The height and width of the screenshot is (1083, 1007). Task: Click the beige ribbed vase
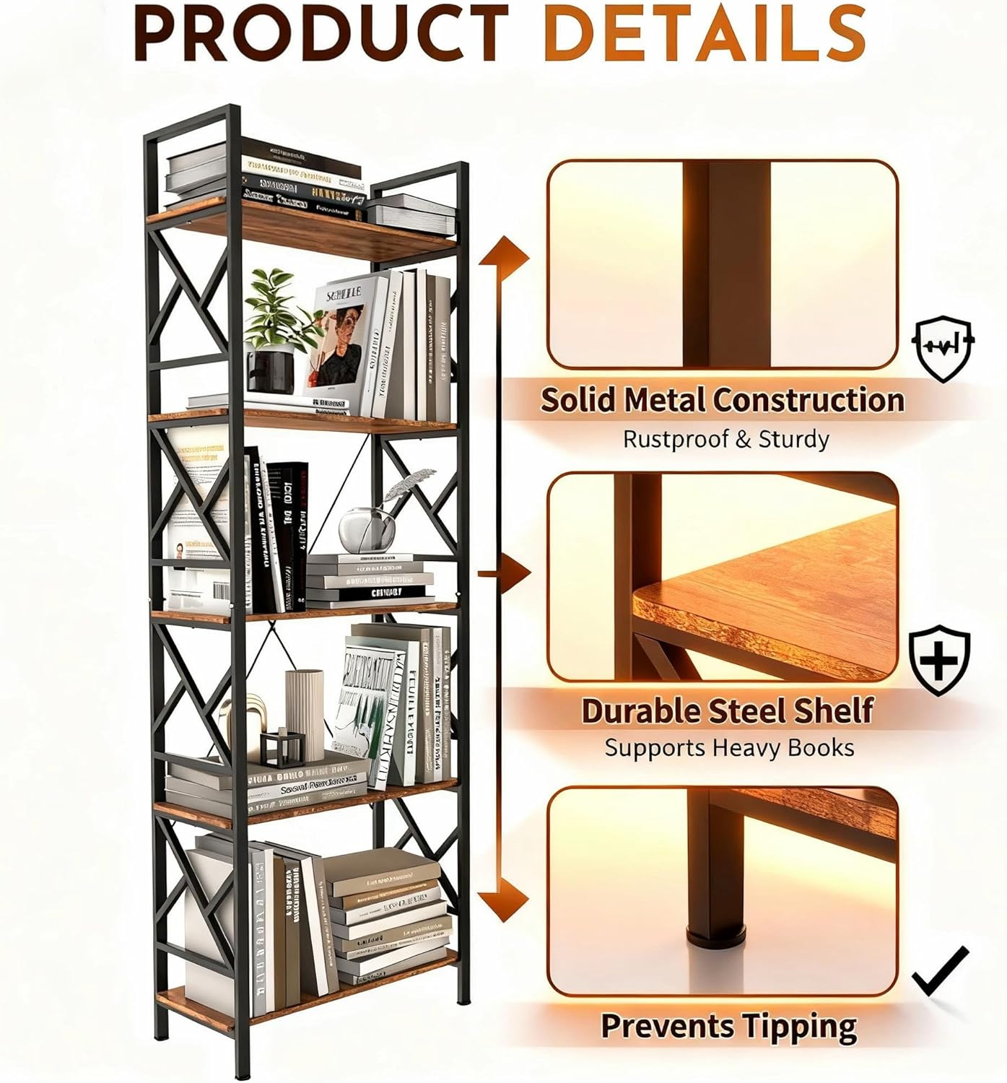point(305,711)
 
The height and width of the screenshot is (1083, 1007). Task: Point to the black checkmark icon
point(939,971)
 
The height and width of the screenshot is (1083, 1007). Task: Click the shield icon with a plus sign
point(938,659)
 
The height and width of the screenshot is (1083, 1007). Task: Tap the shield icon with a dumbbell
point(943,347)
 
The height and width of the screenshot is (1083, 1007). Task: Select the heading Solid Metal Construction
point(722,400)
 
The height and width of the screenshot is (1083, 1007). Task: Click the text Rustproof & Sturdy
point(725,439)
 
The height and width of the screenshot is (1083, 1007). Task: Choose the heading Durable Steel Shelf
point(727,710)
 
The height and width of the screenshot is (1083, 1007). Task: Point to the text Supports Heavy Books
point(729,748)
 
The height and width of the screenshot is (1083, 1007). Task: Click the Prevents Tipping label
point(728,1026)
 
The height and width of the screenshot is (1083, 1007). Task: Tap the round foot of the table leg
point(715,939)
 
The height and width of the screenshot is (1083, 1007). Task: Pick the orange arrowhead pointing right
point(518,573)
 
